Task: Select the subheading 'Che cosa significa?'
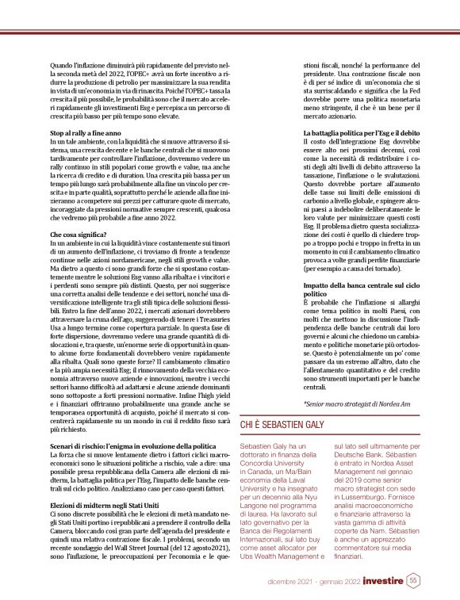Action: tap(78, 212)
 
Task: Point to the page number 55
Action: tap(413, 580)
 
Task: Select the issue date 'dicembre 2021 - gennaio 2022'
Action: tap(313, 581)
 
